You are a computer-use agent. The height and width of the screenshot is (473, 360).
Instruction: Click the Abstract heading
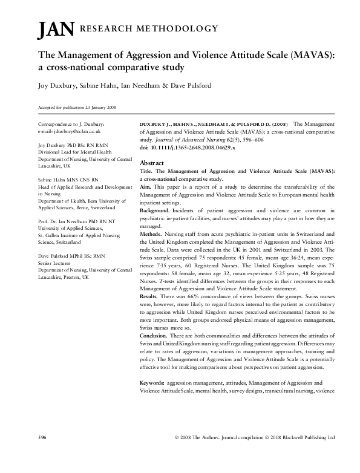pyautogui.click(x=151, y=163)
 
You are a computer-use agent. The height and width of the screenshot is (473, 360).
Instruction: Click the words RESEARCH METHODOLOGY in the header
pyautogui.click(x=148, y=28)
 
